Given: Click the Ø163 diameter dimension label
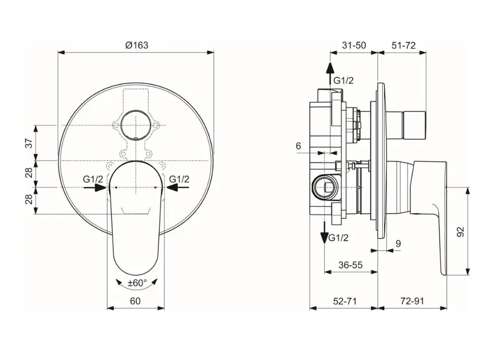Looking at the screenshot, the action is tap(137, 45).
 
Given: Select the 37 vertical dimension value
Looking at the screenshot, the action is tap(29, 143).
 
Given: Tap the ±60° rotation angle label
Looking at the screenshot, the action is tap(137, 283).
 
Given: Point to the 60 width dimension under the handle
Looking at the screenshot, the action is tap(135, 301).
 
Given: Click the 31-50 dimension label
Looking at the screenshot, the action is tap(354, 45).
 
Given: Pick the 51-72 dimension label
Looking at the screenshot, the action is tap(404, 45).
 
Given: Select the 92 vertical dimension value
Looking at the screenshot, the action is tap(460, 231).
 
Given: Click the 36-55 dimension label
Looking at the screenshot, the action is tap(350, 265).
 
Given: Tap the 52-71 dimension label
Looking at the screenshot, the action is tap(345, 301).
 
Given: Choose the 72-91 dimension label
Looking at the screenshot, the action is tap(412, 301).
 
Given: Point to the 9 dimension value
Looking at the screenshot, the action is tap(398, 243).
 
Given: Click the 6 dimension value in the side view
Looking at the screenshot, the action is tap(298, 146).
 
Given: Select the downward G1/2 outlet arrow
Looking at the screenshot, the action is tap(324, 233).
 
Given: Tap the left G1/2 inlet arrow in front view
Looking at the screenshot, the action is tap(95, 187).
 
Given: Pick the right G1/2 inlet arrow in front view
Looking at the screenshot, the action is tap(178, 187).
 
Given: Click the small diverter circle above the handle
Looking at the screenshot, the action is tap(136, 125).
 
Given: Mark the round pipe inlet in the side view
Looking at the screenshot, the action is tap(324, 187).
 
